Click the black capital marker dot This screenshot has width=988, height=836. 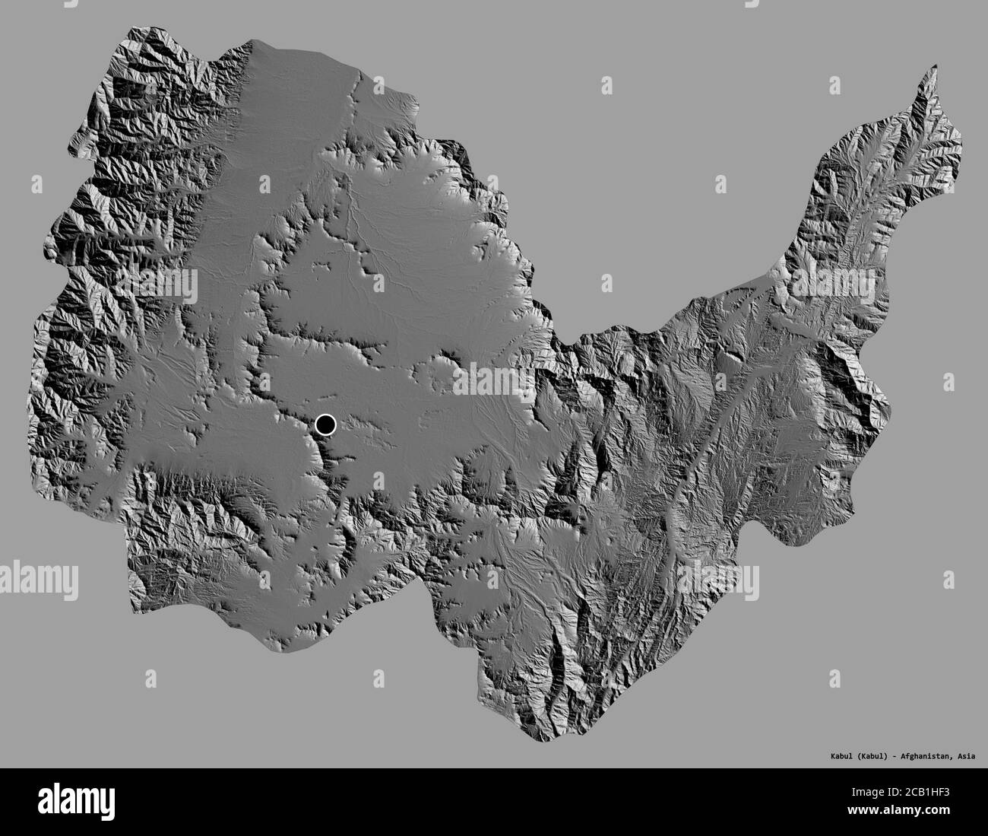coord(325,424)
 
